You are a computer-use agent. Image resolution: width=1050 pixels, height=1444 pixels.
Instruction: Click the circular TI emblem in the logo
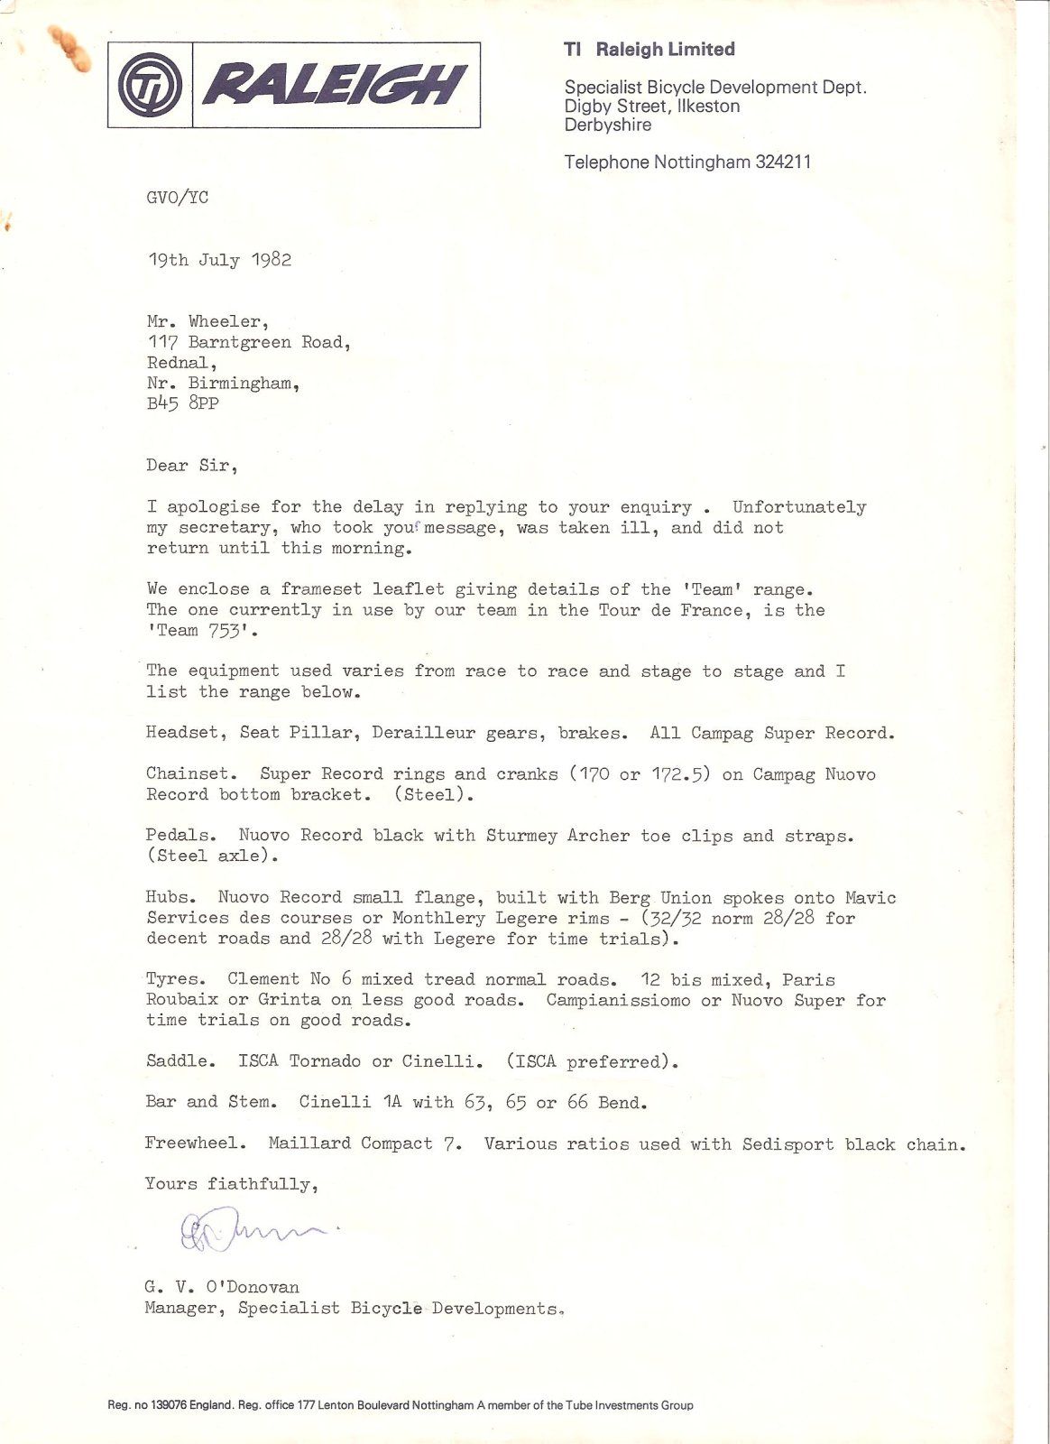pyautogui.click(x=151, y=87)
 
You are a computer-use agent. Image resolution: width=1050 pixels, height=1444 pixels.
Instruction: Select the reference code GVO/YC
pyautogui.click(x=177, y=198)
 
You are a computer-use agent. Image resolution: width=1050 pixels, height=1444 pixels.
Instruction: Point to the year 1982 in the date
pyautogui.click(x=271, y=260)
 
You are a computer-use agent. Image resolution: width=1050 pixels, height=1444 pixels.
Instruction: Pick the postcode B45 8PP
pyautogui.click(x=182, y=403)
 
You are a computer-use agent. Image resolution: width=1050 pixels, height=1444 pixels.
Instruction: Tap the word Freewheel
pyautogui.click(x=194, y=1143)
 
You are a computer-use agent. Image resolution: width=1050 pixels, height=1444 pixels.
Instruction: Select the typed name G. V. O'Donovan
pyautogui.click(x=222, y=1288)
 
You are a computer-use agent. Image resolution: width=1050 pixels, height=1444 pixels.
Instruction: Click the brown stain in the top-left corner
pyautogui.click(x=71, y=49)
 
